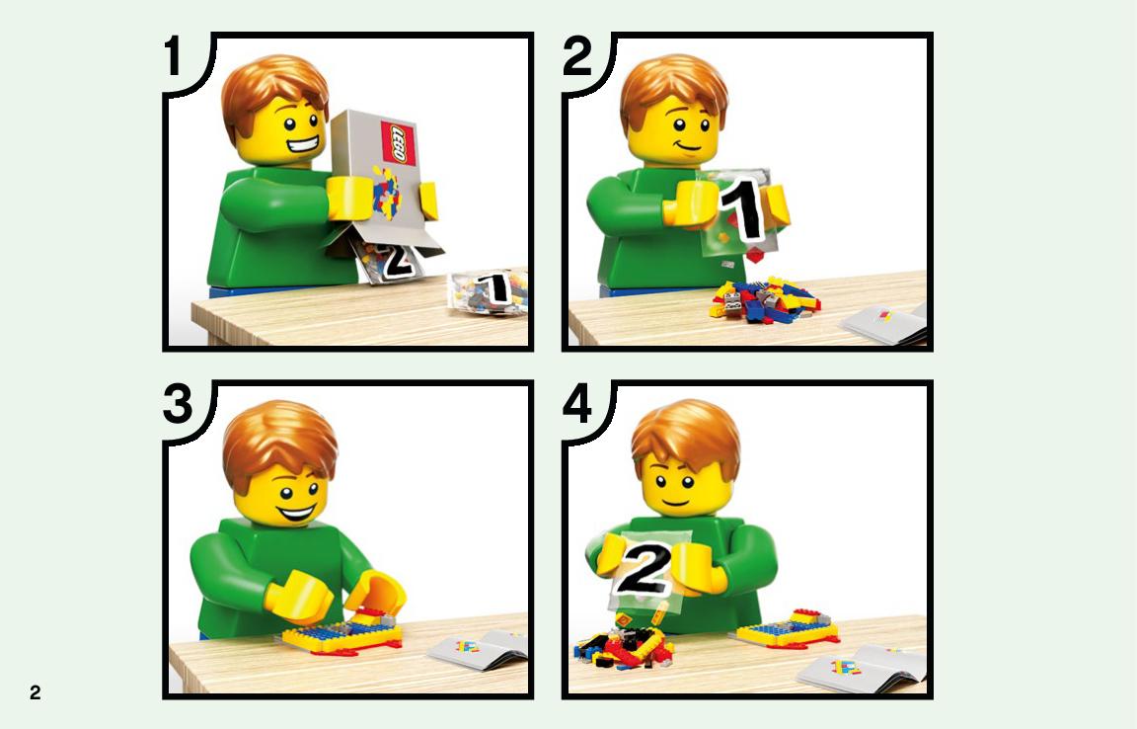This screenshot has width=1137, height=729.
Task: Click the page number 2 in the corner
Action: coord(35,692)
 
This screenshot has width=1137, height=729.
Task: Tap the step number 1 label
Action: coord(173,56)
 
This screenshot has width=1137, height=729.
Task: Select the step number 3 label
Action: coord(178,404)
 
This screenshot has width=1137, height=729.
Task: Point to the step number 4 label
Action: coord(577,405)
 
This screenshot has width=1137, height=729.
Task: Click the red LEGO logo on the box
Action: coord(399,143)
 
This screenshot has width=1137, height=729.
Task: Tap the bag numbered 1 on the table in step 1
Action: coord(488,291)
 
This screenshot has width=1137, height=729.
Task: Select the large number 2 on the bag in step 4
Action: coord(644,568)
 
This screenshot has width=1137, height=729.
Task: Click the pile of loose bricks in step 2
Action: coord(764,298)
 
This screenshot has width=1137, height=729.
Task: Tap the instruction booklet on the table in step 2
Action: coord(884,324)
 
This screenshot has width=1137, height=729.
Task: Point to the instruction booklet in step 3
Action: coord(479,648)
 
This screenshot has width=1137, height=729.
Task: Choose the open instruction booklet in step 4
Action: coord(863,669)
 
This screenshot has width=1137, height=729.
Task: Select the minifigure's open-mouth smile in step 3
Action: coord(297,513)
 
